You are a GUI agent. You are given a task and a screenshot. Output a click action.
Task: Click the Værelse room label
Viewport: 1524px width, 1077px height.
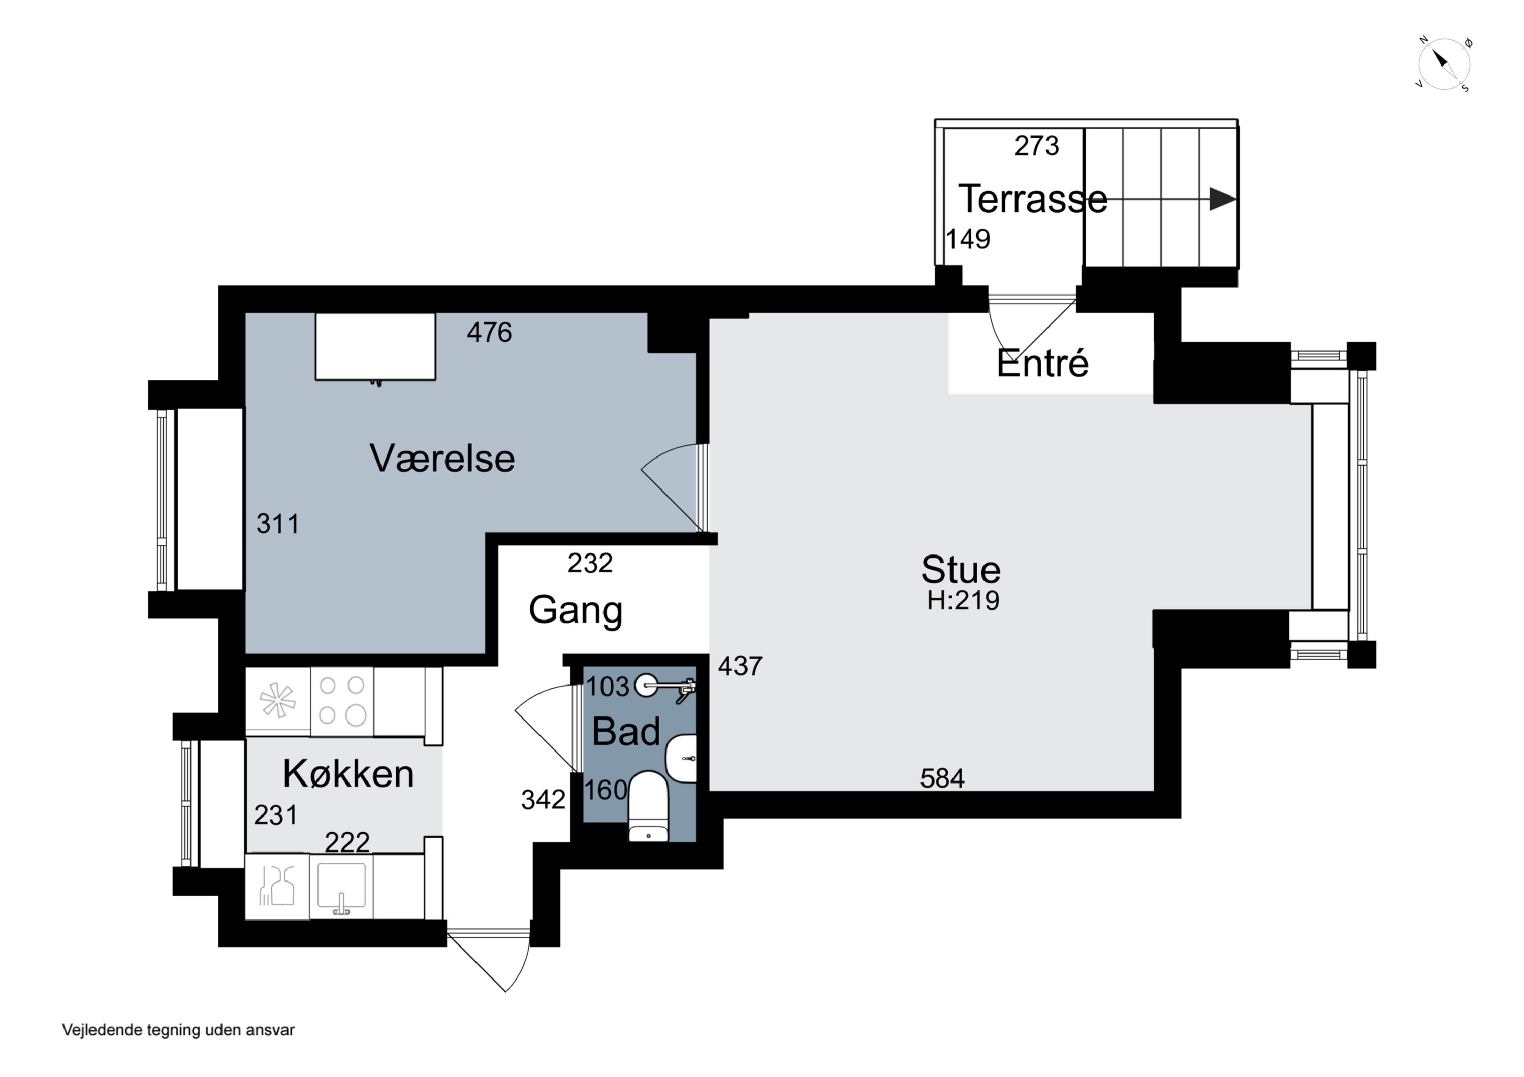pos(442,458)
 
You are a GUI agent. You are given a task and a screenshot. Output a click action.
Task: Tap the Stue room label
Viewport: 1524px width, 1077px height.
pos(961,569)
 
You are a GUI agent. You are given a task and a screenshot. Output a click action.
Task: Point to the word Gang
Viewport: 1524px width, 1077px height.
pos(576,610)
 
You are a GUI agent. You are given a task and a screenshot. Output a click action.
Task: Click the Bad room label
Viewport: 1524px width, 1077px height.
pos(626,731)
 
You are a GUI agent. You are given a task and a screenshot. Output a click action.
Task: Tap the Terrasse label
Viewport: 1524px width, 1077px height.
pos(1033,199)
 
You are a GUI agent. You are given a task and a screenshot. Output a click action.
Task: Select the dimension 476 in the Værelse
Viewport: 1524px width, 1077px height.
pos(489,333)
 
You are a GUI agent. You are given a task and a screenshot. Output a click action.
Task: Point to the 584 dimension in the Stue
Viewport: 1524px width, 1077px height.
pos(942,778)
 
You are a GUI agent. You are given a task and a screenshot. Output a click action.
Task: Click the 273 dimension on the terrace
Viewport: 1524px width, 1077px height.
pos(1037,146)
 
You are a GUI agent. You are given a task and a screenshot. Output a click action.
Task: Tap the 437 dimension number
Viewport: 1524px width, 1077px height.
pos(740,666)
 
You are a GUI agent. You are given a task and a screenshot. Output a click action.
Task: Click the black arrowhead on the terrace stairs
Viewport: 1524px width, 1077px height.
pos(1223,199)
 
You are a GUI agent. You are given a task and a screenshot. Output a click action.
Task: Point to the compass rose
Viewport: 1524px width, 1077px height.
pos(1444,65)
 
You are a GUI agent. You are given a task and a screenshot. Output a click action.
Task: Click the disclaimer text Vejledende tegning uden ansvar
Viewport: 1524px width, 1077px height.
pos(178,1030)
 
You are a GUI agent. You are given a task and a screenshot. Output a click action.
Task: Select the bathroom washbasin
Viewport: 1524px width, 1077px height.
pos(682,758)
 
